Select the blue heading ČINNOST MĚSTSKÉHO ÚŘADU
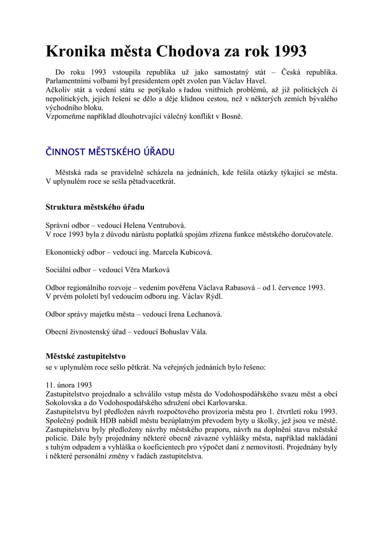(x=110, y=152)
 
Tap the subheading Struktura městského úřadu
(x=95, y=207)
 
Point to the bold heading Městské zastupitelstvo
(x=86, y=356)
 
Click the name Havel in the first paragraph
(x=256, y=81)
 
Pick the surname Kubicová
(x=187, y=252)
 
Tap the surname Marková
(x=154, y=269)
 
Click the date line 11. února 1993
(x=69, y=385)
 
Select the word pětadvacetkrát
(x=150, y=181)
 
